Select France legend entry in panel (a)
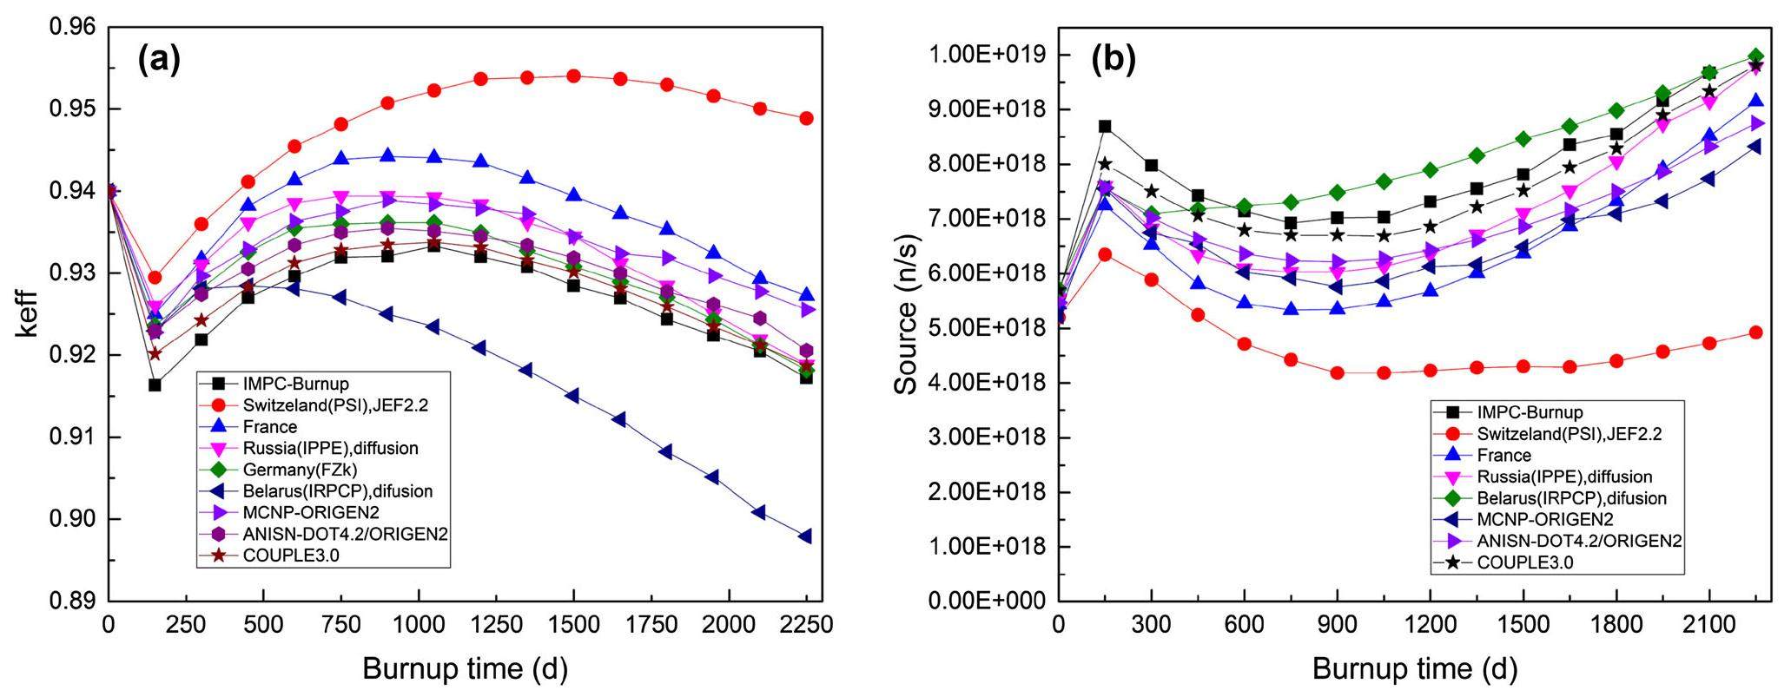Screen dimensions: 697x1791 click(270, 427)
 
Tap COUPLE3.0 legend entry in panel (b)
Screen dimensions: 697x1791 click(1525, 562)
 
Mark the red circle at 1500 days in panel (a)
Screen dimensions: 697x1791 click(573, 76)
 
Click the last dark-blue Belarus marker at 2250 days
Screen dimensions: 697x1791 click(806, 536)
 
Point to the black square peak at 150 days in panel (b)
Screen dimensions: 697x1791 click(1105, 126)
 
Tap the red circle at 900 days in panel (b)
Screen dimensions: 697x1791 click(1337, 372)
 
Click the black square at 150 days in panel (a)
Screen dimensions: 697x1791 click(155, 385)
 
